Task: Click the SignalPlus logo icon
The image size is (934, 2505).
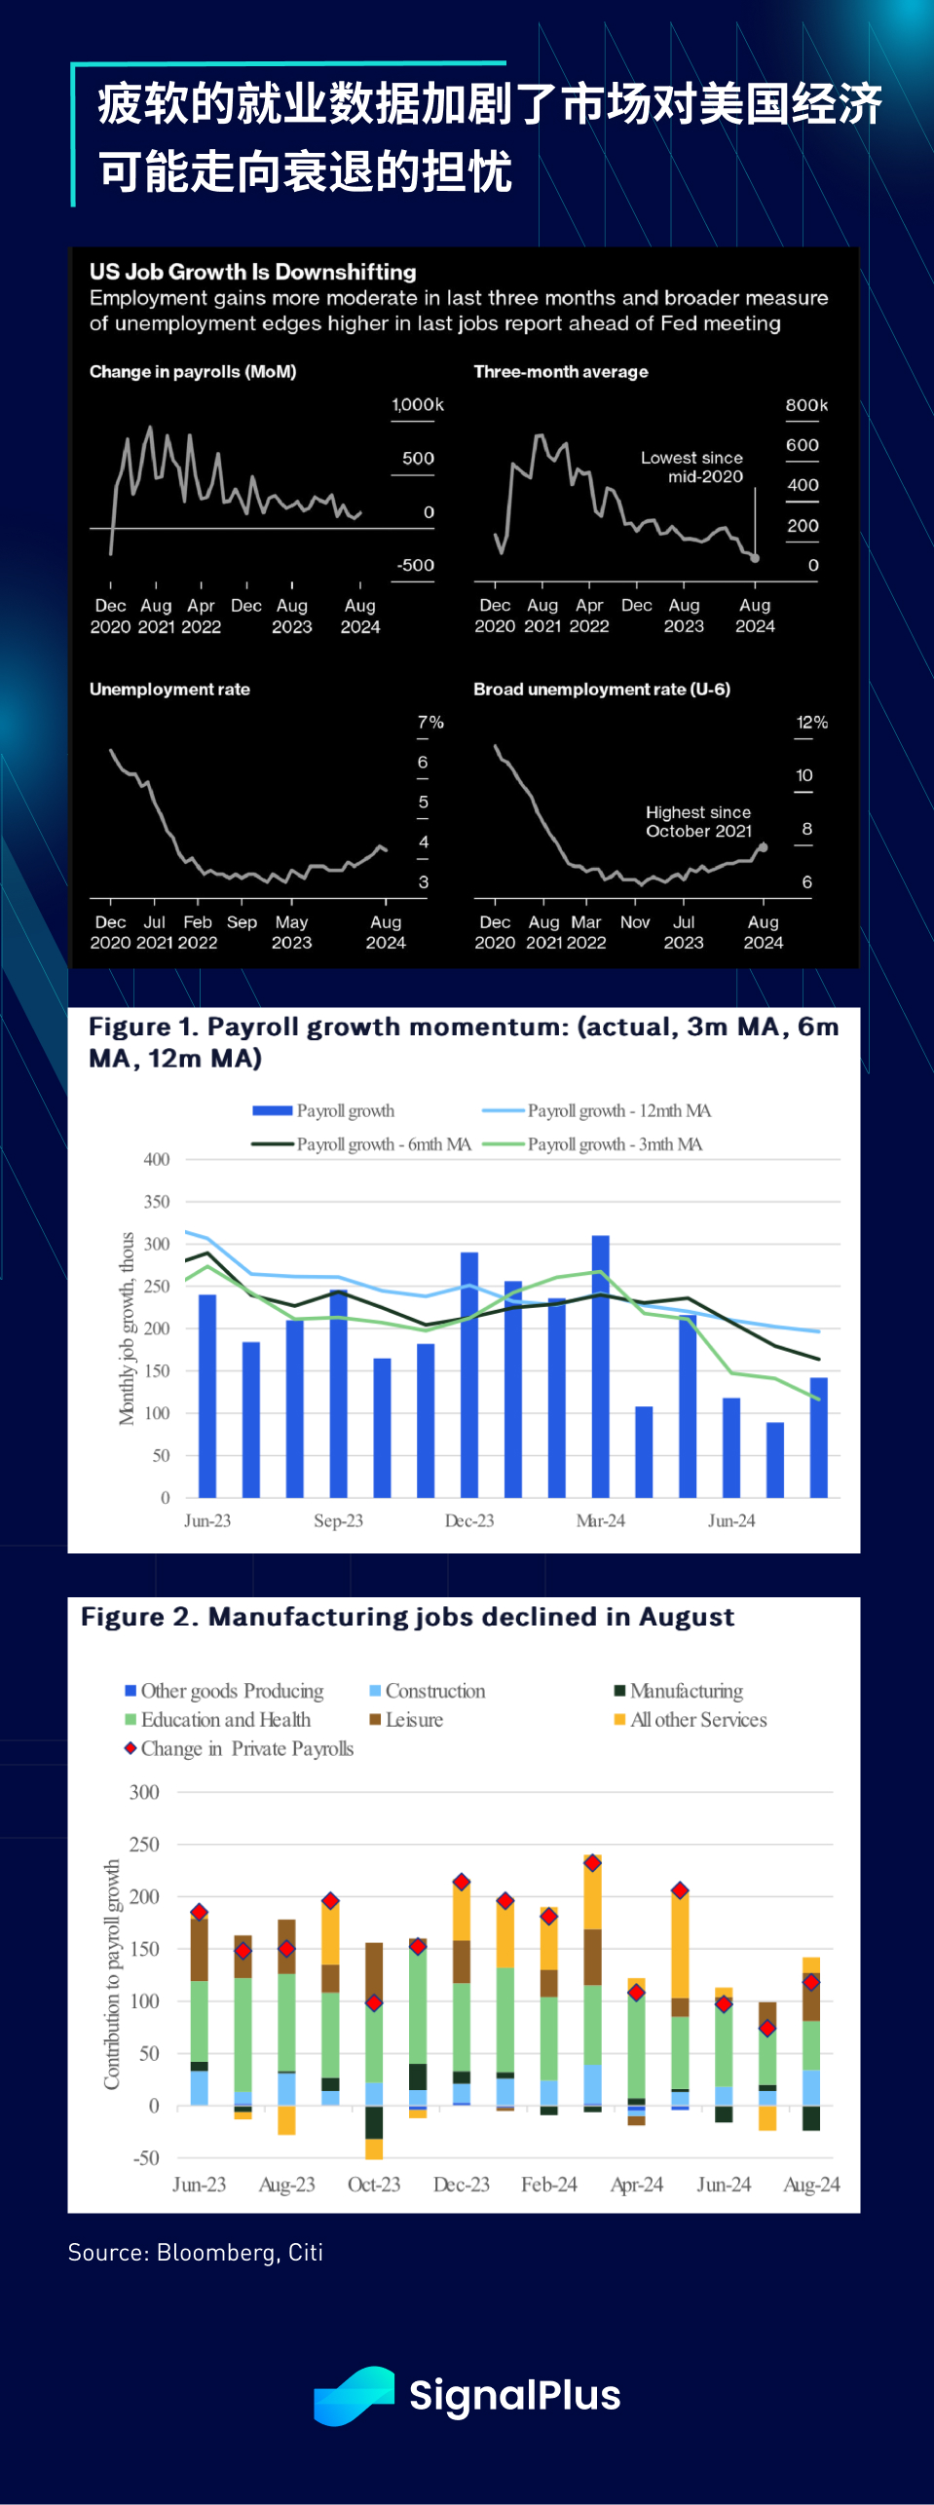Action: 354,2395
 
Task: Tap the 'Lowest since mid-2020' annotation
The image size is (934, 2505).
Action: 691,467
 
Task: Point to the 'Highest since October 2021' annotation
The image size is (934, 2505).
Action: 698,822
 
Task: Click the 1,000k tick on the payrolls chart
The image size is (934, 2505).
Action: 417,405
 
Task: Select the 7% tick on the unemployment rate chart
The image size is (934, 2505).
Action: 430,723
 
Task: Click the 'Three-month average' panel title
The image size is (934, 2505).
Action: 560,372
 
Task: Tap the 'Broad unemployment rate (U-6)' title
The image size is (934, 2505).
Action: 601,690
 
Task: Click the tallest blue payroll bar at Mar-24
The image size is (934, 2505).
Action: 601,1364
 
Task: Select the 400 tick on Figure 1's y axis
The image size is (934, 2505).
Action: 157,1160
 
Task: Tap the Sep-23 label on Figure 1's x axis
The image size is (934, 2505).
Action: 338,1521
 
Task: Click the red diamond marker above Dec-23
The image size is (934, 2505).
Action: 462,1882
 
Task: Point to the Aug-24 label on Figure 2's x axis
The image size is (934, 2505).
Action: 811,2185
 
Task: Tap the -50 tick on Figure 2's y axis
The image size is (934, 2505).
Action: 146,2158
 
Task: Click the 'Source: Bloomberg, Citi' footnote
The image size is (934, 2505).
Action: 195,2253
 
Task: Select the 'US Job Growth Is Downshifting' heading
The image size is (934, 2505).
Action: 253,272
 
